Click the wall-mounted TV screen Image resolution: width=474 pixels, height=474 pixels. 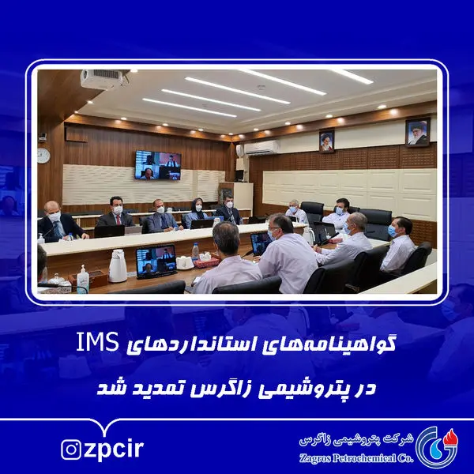coord(157,165)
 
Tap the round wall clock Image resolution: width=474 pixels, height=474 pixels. coord(43,155)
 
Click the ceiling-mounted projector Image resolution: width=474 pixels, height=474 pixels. coord(102,79)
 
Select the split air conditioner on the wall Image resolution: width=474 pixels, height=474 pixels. coord(261,148)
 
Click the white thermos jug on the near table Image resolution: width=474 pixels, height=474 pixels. coord(118,266)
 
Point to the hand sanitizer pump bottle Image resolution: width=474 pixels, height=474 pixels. coord(83,278)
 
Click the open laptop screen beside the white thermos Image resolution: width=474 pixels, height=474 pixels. coord(156,261)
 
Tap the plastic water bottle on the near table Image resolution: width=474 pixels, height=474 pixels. coord(195,254)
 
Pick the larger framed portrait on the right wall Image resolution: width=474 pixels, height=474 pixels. coord(417,132)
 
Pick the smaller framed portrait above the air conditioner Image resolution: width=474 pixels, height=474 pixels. coord(326,141)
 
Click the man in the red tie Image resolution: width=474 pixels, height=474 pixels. coord(115,216)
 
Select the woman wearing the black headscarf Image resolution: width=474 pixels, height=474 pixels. coord(195,213)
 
